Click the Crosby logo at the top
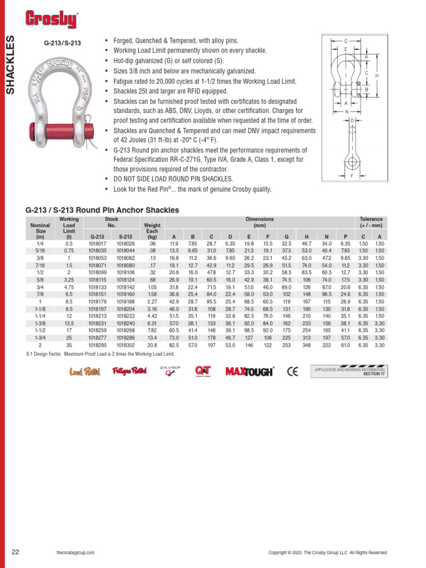[51, 19]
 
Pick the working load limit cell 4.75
[69, 287]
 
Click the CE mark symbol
[292, 371]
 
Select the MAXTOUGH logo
[249, 371]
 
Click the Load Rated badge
[84, 371]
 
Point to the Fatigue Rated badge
[129, 371]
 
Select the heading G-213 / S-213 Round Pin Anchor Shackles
[102, 210]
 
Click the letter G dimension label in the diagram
[346, 42]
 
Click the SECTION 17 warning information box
[350, 371]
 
